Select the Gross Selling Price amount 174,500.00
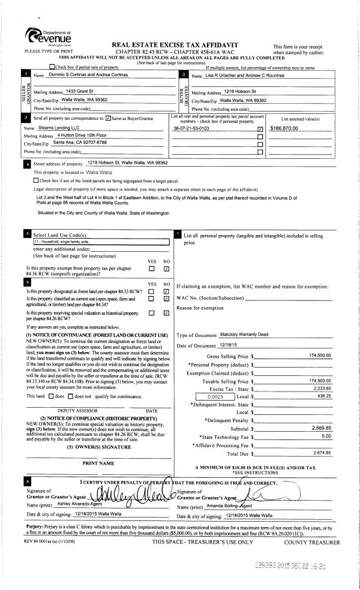pyautogui.click(x=320, y=356)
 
